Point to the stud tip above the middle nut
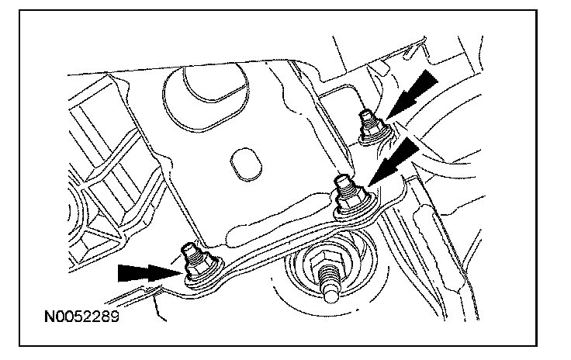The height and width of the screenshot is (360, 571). coord(343,182)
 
